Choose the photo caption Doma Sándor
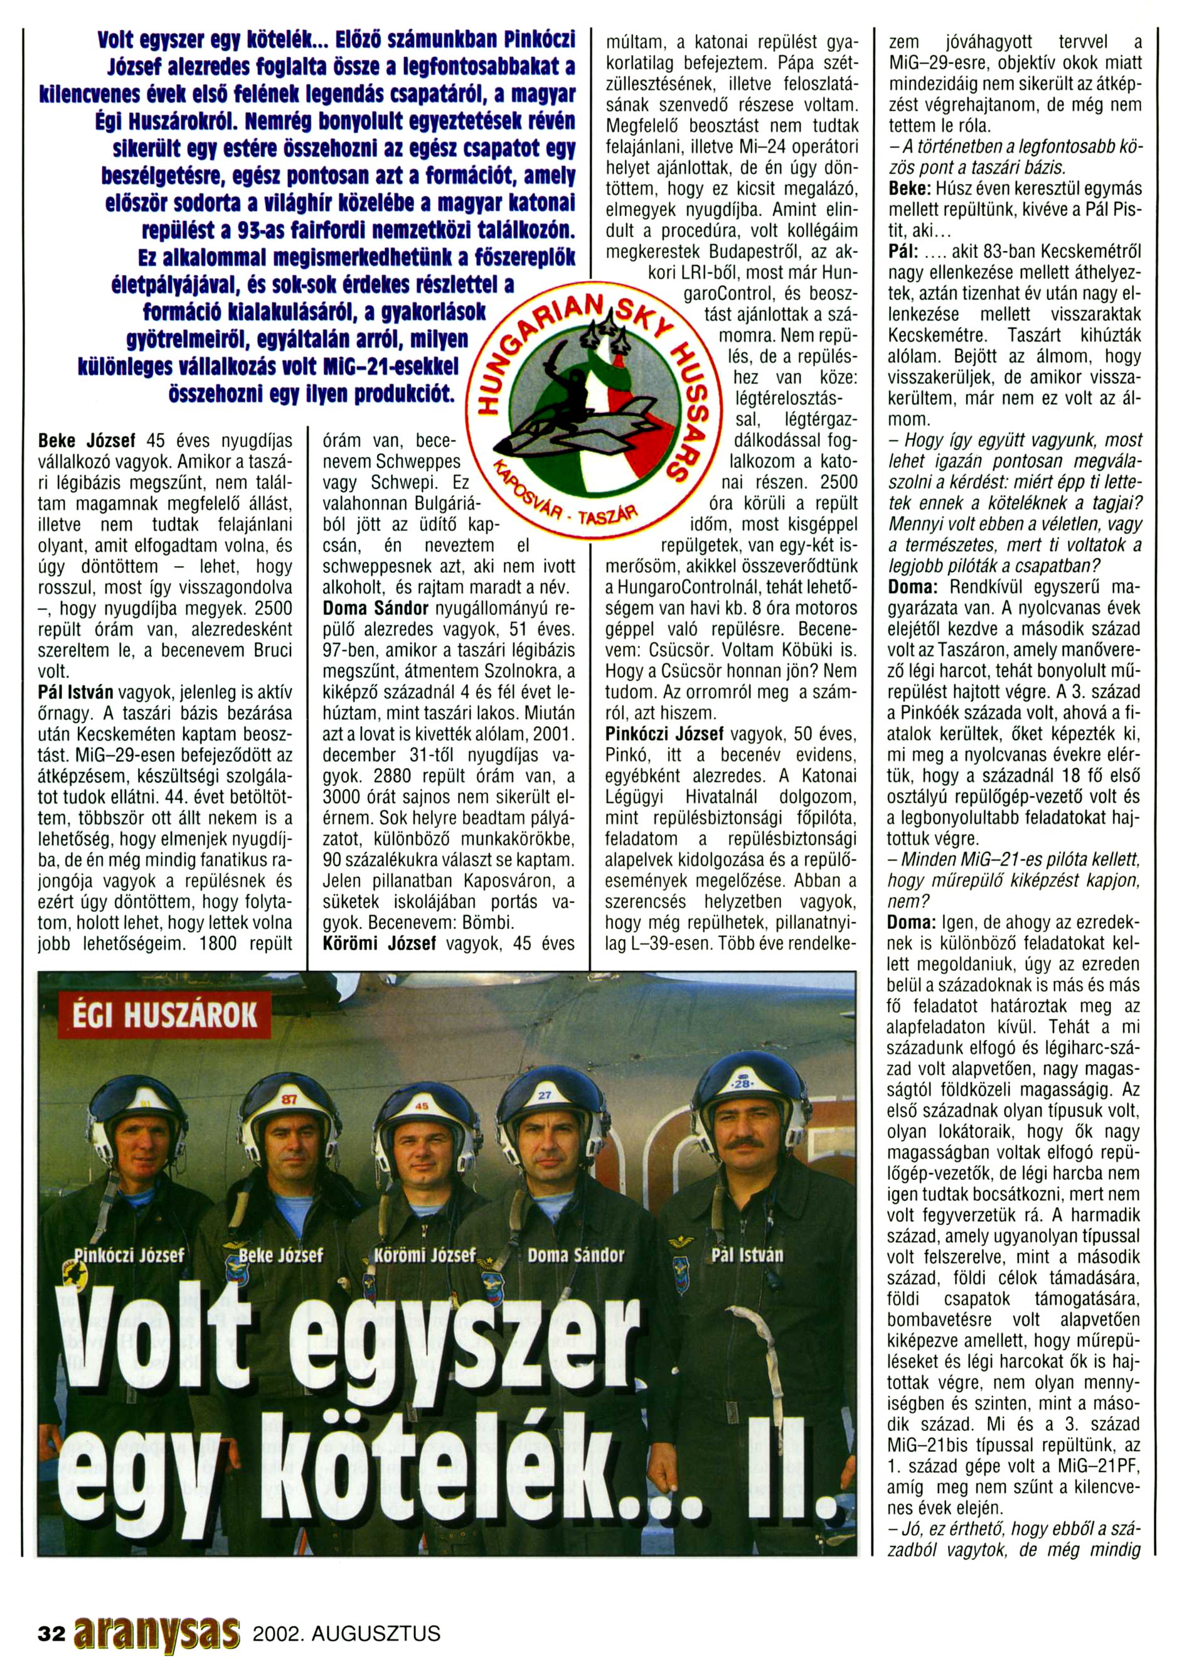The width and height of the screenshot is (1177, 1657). click(575, 1255)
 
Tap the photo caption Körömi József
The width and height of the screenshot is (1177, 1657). click(424, 1255)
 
